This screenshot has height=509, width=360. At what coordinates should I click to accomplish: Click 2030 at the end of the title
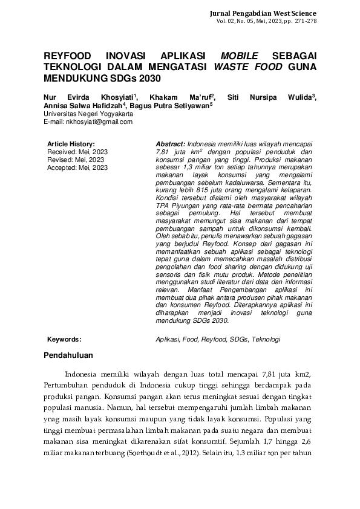[151, 79]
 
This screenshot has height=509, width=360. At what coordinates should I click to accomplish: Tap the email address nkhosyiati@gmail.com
[88, 122]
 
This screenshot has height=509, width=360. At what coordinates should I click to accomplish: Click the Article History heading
[71, 143]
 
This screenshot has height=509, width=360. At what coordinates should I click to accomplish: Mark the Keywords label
[64, 340]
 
